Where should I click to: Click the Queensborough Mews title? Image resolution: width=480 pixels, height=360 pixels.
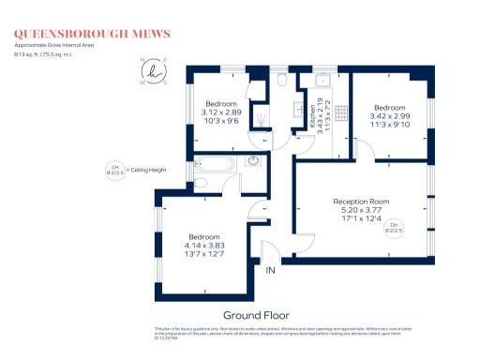click(x=91, y=34)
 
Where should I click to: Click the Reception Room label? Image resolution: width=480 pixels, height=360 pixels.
click(x=361, y=202)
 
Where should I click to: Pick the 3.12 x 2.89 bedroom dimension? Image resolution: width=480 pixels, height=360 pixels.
click(x=222, y=112)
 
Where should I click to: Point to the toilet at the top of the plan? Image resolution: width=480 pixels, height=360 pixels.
click(x=281, y=82)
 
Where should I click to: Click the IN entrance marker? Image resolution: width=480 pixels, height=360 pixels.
click(x=270, y=270)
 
